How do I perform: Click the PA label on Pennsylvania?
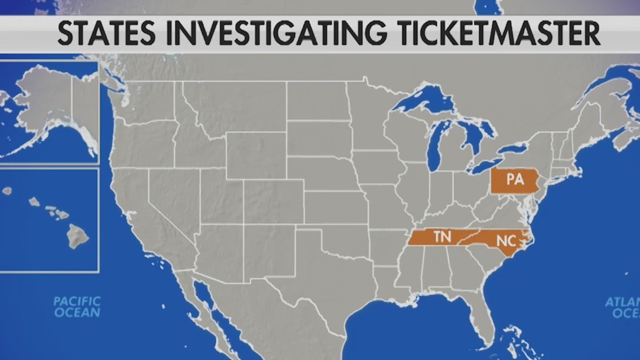point(515,180)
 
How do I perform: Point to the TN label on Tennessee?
point(442,238)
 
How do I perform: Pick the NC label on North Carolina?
point(505,241)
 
